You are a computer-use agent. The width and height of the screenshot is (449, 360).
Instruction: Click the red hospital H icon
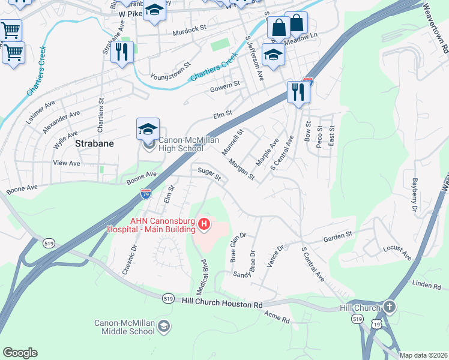(204, 224)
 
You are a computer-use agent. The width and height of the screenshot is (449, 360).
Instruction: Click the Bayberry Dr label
(414, 190)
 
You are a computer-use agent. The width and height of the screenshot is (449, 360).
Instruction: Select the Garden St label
(338, 237)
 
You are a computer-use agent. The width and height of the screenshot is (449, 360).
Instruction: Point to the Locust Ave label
(397, 253)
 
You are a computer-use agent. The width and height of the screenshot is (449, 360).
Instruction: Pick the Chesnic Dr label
(129, 259)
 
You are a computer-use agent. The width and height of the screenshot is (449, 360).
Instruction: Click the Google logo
(20, 353)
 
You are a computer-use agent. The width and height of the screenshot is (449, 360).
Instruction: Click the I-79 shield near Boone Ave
(145, 193)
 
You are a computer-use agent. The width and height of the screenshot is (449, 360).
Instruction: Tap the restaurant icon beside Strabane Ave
(122, 51)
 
